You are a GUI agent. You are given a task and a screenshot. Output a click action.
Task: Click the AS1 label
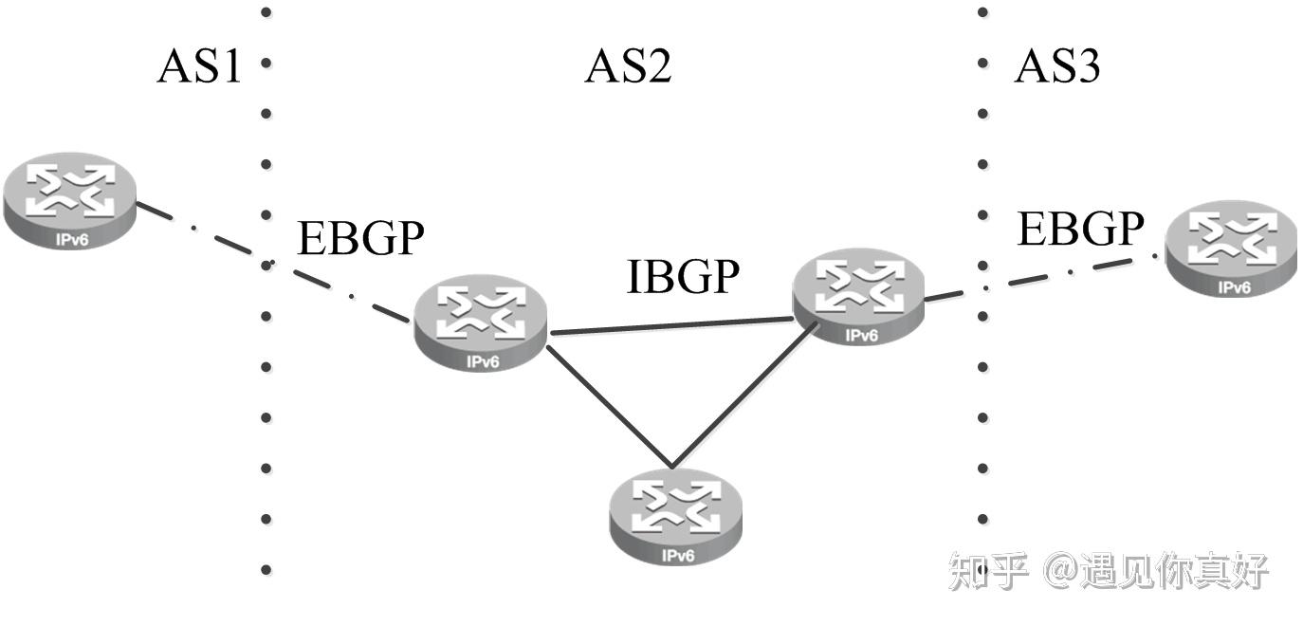tap(199, 66)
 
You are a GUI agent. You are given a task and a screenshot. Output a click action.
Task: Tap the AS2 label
tap(628, 66)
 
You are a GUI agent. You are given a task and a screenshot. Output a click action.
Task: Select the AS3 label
tap(1056, 66)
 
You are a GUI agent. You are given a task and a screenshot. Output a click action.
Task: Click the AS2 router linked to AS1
tap(481, 322)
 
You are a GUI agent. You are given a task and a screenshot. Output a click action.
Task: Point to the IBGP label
tap(682, 276)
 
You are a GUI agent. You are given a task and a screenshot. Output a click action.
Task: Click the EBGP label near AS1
tap(360, 238)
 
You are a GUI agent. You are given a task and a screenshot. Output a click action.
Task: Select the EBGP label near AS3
tap(1080, 229)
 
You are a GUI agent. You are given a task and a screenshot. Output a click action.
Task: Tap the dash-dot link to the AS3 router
tap(1043, 277)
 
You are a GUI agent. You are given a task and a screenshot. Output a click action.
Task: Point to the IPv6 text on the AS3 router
tap(1233, 287)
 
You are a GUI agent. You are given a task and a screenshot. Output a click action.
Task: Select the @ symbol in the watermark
tap(1060, 571)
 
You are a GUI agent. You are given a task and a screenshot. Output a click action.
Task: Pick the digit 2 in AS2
tap(657, 66)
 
